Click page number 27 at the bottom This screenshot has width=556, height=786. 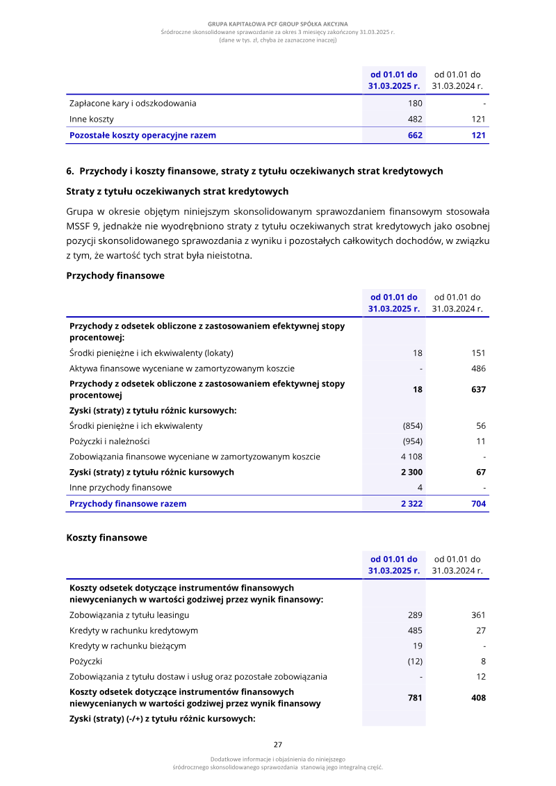(x=278, y=744)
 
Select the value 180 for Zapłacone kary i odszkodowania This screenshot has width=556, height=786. (x=415, y=104)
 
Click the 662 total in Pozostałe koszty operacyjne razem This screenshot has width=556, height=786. (x=415, y=136)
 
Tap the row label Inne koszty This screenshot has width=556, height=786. (x=92, y=120)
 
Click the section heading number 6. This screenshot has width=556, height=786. (x=70, y=171)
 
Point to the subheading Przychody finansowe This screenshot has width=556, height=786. (x=115, y=276)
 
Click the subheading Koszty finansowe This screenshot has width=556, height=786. (x=106, y=538)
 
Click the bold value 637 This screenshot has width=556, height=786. (x=477, y=390)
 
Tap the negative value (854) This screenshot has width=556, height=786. (x=413, y=426)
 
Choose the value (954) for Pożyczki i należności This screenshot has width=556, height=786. (x=413, y=441)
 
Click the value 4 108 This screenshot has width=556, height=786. (x=411, y=457)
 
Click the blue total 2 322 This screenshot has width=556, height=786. (x=411, y=504)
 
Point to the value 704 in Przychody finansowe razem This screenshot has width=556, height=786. (x=478, y=504)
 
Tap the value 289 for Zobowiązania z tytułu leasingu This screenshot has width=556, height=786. (x=415, y=615)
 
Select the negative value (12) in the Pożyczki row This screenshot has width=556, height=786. (x=415, y=662)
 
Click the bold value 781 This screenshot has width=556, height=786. (x=415, y=698)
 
